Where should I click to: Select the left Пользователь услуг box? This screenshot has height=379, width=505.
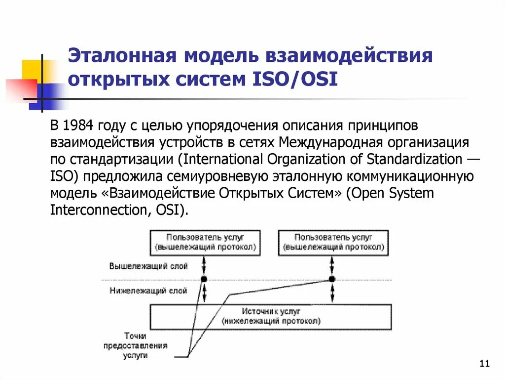click(205, 242)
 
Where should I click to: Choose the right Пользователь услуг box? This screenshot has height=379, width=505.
click(334, 242)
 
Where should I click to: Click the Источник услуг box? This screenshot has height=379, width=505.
click(271, 316)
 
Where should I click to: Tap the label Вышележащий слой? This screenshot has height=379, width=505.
click(148, 266)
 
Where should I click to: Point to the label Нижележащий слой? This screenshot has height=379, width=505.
click(148, 291)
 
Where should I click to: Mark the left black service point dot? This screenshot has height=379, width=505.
click(204, 279)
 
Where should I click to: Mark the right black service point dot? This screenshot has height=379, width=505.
click(332, 279)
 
